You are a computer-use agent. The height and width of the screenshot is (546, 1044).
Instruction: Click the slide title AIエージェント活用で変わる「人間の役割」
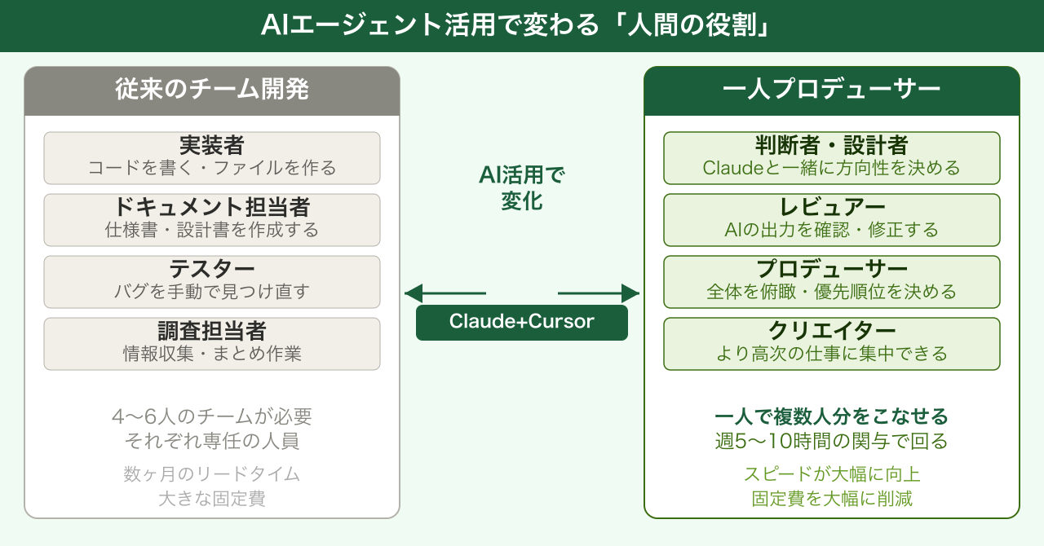pos(521,26)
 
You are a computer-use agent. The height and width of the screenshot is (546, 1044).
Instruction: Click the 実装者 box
pos(212,157)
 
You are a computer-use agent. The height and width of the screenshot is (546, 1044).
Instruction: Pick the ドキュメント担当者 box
pos(212,219)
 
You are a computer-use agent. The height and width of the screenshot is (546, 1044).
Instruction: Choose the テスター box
pos(212,281)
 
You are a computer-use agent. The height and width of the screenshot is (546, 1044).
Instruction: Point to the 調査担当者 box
pos(212,343)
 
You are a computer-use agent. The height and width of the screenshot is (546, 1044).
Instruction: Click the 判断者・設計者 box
pos(832,157)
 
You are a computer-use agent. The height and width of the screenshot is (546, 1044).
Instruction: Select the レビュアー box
pos(832,219)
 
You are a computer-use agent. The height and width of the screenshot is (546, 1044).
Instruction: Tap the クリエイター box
pos(832,343)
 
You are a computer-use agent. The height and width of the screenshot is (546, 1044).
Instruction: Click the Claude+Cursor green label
pos(522,322)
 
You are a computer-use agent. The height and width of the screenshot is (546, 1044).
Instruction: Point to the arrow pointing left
pos(445,293)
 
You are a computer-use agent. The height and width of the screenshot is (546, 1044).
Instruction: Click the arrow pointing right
pos(599,293)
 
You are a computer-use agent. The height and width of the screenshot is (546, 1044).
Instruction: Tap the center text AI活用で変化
pos(522,188)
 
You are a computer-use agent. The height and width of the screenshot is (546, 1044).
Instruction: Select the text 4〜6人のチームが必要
pos(212,416)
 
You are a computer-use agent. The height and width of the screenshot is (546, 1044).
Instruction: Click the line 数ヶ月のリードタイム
pos(212,473)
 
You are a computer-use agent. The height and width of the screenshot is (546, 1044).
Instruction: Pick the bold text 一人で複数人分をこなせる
pos(832,416)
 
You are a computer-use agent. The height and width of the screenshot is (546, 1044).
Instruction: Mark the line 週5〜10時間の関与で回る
pos(832,442)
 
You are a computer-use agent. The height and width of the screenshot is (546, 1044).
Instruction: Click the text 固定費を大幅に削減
pos(832,499)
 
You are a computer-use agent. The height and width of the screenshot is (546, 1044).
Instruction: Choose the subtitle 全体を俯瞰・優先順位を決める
pos(832,292)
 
